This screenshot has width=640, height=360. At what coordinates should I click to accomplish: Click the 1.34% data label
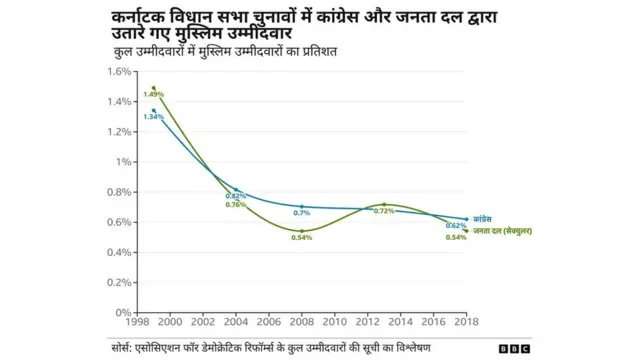click(x=152, y=117)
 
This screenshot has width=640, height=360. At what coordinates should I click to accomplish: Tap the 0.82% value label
click(x=236, y=195)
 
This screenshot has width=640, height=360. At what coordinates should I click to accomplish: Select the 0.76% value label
click(x=236, y=204)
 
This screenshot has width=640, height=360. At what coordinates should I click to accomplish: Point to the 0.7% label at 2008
click(x=301, y=213)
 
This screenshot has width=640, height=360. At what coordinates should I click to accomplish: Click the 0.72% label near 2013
click(x=383, y=211)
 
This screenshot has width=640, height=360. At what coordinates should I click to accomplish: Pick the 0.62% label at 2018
click(x=456, y=225)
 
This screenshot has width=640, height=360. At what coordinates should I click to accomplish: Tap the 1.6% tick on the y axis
click(x=117, y=71)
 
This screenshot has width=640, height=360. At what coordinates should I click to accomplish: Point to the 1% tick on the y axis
click(x=122, y=162)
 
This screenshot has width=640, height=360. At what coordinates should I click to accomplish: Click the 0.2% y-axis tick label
click(x=117, y=283)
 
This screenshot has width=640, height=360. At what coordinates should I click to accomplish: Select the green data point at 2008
click(x=301, y=231)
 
